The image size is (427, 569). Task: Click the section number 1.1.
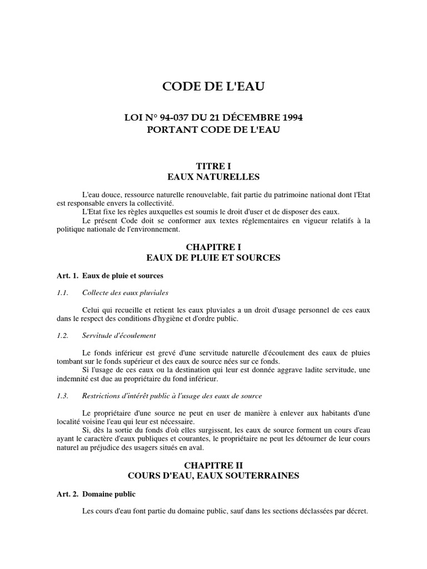(62, 293)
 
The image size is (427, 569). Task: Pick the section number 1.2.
(62, 336)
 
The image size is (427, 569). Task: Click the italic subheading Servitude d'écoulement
(118, 336)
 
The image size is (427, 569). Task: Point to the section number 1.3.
(62, 396)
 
